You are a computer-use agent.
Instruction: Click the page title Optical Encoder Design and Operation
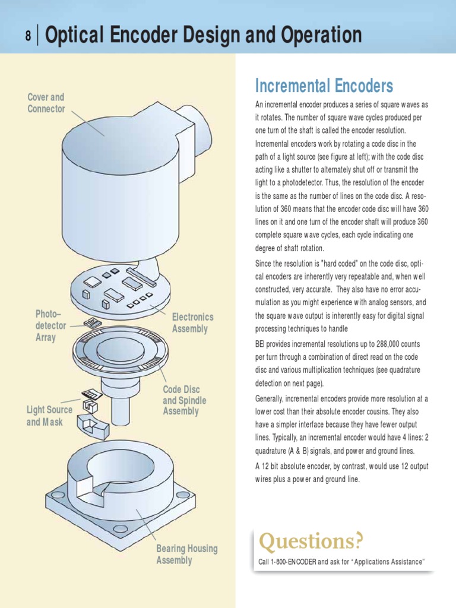coord(203,36)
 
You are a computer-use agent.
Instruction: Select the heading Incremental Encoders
coord(324,86)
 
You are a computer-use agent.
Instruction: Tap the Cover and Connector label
coord(46,103)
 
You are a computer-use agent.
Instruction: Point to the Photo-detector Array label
coord(45,325)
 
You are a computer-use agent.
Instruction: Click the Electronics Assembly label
coord(192,323)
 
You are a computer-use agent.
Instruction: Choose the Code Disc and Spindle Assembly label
coord(185,400)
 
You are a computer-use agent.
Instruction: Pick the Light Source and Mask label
coord(49,416)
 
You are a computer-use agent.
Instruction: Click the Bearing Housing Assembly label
coord(186,555)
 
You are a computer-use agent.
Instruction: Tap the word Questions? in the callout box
coord(311,541)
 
